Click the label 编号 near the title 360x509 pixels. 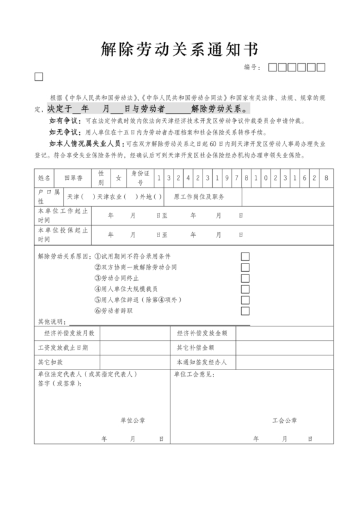coord(251,67)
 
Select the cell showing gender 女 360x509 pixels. coord(118,177)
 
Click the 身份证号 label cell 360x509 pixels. coord(140,177)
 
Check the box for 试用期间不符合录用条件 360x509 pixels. coord(245,256)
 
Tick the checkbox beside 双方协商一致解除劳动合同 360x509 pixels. coord(245,267)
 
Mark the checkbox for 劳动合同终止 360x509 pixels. coord(245,278)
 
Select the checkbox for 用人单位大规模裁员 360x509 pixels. coord(245,289)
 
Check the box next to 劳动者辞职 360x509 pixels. coord(245,311)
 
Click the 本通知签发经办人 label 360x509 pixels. coord(202,362)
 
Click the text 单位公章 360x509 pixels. coord(132,421)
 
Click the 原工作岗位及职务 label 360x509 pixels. coord(199,195)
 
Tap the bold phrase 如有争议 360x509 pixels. coord(62,121)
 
